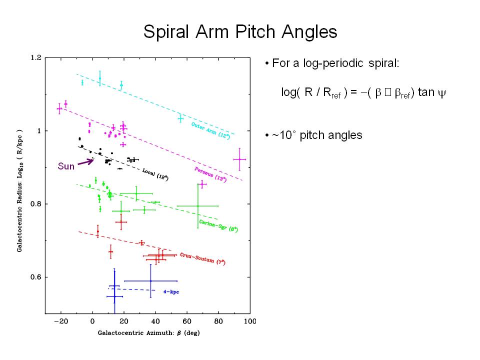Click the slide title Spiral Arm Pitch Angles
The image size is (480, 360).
click(x=240, y=32)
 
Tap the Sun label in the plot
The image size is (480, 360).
click(x=66, y=166)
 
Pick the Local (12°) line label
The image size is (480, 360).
click(x=155, y=174)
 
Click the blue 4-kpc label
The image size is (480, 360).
click(x=171, y=291)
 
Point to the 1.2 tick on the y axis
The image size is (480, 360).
click(x=36, y=58)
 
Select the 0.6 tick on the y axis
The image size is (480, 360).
click(x=36, y=277)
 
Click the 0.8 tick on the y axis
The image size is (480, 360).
click(x=36, y=204)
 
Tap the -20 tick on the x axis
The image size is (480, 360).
click(x=59, y=321)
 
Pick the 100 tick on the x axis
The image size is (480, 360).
click(x=249, y=321)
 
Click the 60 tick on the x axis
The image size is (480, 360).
click(x=186, y=321)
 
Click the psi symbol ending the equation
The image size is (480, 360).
click(x=441, y=93)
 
